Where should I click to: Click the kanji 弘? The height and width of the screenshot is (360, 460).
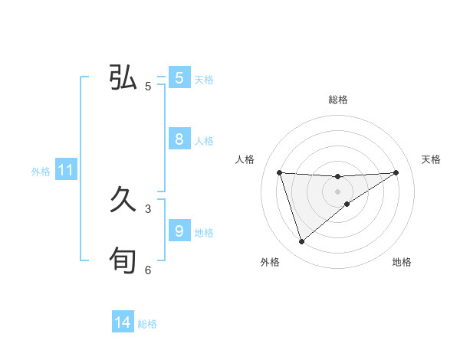[x=123, y=78]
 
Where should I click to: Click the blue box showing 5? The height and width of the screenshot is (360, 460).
[x=179, y=78]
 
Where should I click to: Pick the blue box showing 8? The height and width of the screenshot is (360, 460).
[x=179, y=139]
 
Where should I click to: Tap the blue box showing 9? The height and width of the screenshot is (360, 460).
[x=179, y=231]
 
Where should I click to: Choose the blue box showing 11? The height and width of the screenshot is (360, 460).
[x=65, y=171]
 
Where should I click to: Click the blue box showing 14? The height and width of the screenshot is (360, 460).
[x=123, y=323]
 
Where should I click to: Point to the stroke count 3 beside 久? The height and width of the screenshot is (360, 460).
[x=148, y=208]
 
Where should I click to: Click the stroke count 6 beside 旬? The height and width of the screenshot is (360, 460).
[x=148, y=270]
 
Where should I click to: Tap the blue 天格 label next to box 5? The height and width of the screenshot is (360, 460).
[x=204, y=80]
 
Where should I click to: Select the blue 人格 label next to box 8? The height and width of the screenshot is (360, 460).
[x=204, y=141]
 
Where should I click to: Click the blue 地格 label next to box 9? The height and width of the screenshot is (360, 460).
[x=204, y=233]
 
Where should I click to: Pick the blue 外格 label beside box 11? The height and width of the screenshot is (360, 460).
[x=41, y=172]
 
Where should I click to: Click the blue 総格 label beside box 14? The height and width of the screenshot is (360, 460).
[x=147, y=324]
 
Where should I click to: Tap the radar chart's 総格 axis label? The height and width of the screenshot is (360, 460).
[x=338, y=100]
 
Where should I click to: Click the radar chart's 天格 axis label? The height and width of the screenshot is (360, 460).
[x=432, y=159]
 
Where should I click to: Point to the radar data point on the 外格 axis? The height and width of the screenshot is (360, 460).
[x=302, y=242]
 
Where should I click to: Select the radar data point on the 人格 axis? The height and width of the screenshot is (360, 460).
[x=280, y=172]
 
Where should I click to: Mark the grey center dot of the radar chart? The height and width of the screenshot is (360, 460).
[x=338, y=191]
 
